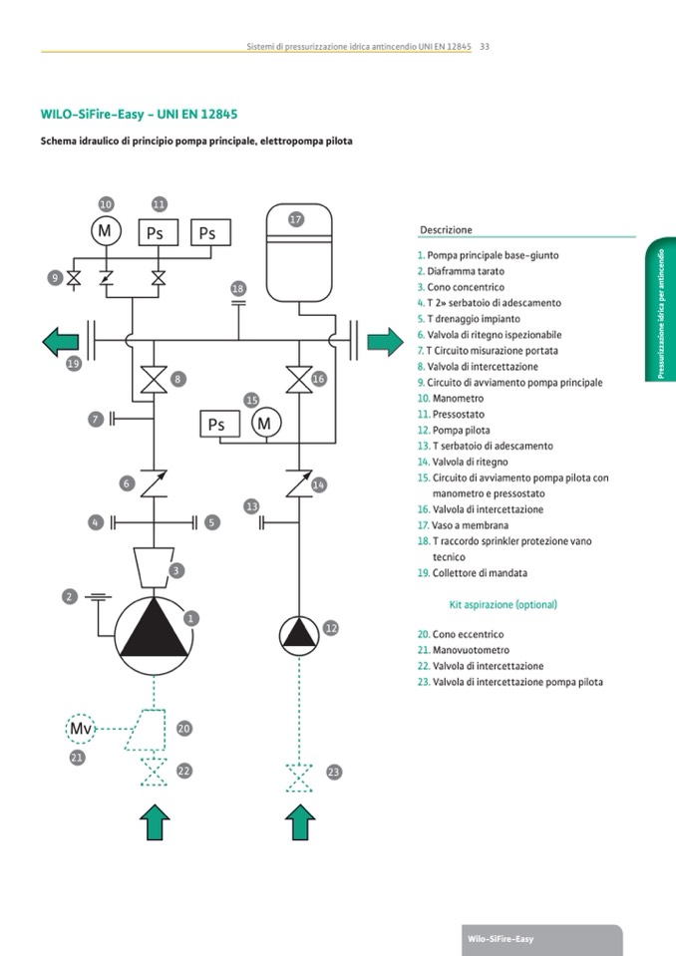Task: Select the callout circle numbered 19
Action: (x=73, y=365)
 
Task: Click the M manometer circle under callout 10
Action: (x=105, y=231)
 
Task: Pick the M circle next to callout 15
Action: (x=264, y=424)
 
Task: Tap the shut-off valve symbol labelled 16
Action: (x=297, y=380)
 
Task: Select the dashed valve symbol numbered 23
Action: (x=297, y=775)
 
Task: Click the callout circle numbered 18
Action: (x=237, y=289)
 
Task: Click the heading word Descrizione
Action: (x=446, y=229)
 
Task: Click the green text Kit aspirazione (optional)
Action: (x=503, y=604)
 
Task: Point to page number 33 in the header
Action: (x=485, y=46)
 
